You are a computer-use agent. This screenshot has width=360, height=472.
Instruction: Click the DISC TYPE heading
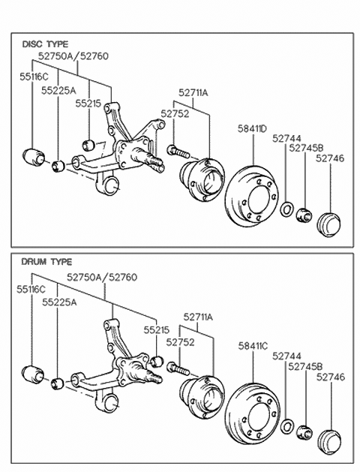tap(45, 44)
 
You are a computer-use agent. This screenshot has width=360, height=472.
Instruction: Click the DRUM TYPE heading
tap(46, 262)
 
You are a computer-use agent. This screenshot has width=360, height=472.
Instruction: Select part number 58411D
tap(252, 129)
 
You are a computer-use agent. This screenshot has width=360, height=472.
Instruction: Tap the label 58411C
tap(253, 346)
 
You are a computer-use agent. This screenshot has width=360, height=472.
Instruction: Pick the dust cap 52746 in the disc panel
tap(329, 225)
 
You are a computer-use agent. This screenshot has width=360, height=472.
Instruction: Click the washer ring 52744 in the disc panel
tap(287, 209)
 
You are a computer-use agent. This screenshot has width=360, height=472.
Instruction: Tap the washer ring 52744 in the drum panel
tap(287, 426)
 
